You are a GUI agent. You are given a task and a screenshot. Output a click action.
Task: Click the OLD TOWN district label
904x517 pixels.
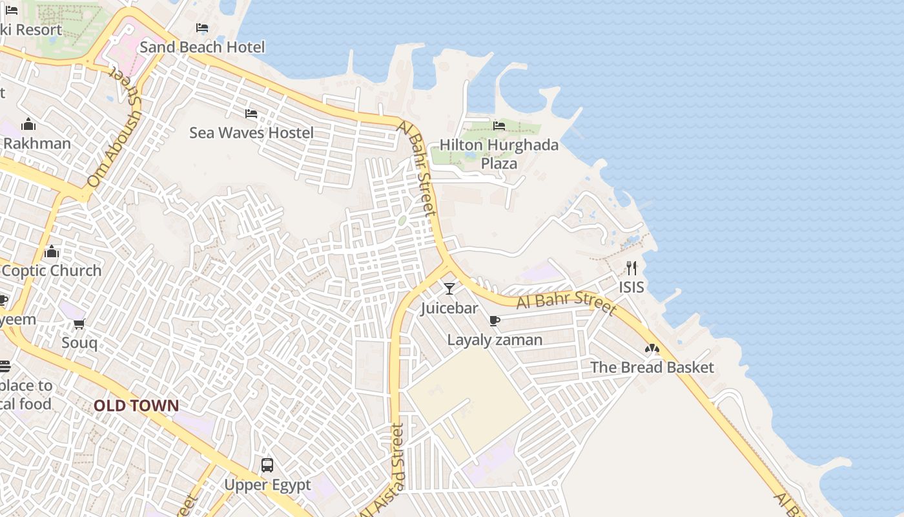click(136, 406)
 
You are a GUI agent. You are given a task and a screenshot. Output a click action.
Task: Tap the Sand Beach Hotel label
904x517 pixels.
click(202, 47)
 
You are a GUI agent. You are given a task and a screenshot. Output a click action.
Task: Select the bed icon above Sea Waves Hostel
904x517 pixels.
click(251, 114)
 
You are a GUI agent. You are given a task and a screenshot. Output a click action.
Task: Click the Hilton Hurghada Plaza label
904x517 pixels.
click(498, 154)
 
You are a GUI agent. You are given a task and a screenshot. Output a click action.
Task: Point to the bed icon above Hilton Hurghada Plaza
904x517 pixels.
click(499, 125)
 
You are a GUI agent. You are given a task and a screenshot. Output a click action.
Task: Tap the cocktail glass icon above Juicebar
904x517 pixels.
click(449, 288)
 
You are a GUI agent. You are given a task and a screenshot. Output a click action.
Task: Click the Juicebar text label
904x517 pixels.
click(449, 308)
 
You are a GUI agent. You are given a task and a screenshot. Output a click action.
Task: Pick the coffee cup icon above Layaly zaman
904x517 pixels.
click(495, 321)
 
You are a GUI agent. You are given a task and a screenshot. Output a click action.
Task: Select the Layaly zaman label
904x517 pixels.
click(495, 340)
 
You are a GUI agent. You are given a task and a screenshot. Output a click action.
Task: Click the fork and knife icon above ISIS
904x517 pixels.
click(632, 268)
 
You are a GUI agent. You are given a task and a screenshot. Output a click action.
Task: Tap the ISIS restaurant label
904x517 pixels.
click(632, 287)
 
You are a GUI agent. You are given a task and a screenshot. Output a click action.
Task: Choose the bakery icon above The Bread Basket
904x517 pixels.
click(652, 349)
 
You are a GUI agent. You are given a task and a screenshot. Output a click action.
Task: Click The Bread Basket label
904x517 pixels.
click(652, 368)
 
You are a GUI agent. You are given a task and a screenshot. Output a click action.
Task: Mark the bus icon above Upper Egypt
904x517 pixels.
click(267, 465)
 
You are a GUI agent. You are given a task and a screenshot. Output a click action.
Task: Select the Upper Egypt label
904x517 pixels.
click(267, 485)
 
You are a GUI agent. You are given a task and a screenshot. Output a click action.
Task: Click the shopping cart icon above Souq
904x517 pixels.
click(79, 323)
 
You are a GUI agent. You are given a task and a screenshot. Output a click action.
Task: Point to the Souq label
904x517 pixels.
click(79, 343)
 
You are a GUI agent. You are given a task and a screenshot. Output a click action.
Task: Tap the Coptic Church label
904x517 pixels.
click(52, 271)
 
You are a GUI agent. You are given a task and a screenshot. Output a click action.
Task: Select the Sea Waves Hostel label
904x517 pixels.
click(251, 133)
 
